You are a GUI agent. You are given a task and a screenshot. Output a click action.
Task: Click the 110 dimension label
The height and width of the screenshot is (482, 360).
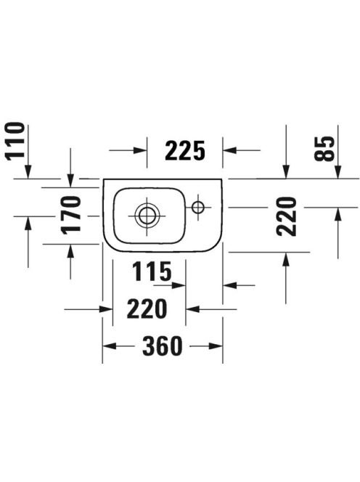(15, 141)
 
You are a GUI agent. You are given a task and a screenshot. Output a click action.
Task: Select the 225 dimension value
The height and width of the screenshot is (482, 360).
(185, 151)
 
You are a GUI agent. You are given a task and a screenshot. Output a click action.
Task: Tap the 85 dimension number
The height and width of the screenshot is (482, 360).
(324, 149)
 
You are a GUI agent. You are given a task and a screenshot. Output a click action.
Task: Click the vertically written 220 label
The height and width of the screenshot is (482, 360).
(287, 217)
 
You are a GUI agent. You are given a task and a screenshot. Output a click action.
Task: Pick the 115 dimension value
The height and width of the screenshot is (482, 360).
(152, 271)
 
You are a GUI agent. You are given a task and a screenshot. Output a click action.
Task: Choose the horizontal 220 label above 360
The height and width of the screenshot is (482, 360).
(147, 309)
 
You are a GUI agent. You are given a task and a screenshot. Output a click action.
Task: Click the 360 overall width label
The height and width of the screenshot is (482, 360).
(163, 346)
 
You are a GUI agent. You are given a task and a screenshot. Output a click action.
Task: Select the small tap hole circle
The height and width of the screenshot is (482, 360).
(197, 207)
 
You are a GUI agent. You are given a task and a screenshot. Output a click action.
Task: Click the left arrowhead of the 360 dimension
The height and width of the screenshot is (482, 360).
(110, 346)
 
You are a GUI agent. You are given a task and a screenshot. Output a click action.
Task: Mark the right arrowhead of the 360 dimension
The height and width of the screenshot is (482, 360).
(216, 346)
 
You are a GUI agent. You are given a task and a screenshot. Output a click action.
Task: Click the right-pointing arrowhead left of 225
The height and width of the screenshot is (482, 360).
(140, 150)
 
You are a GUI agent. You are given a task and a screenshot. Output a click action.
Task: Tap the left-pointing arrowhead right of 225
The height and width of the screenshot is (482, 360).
(229, 150)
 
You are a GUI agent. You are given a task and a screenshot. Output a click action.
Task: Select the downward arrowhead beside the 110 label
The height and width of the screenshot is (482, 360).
(28, 171)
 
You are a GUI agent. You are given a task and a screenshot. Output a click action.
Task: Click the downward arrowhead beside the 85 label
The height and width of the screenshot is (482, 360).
(338, 171)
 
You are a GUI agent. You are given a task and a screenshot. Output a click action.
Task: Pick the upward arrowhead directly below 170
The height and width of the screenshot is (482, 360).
(70, 251)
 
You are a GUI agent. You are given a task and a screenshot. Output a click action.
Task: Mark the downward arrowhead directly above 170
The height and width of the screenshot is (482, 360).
(70, 181)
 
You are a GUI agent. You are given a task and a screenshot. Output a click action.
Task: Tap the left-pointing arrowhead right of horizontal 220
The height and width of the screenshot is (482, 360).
(193, 309)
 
